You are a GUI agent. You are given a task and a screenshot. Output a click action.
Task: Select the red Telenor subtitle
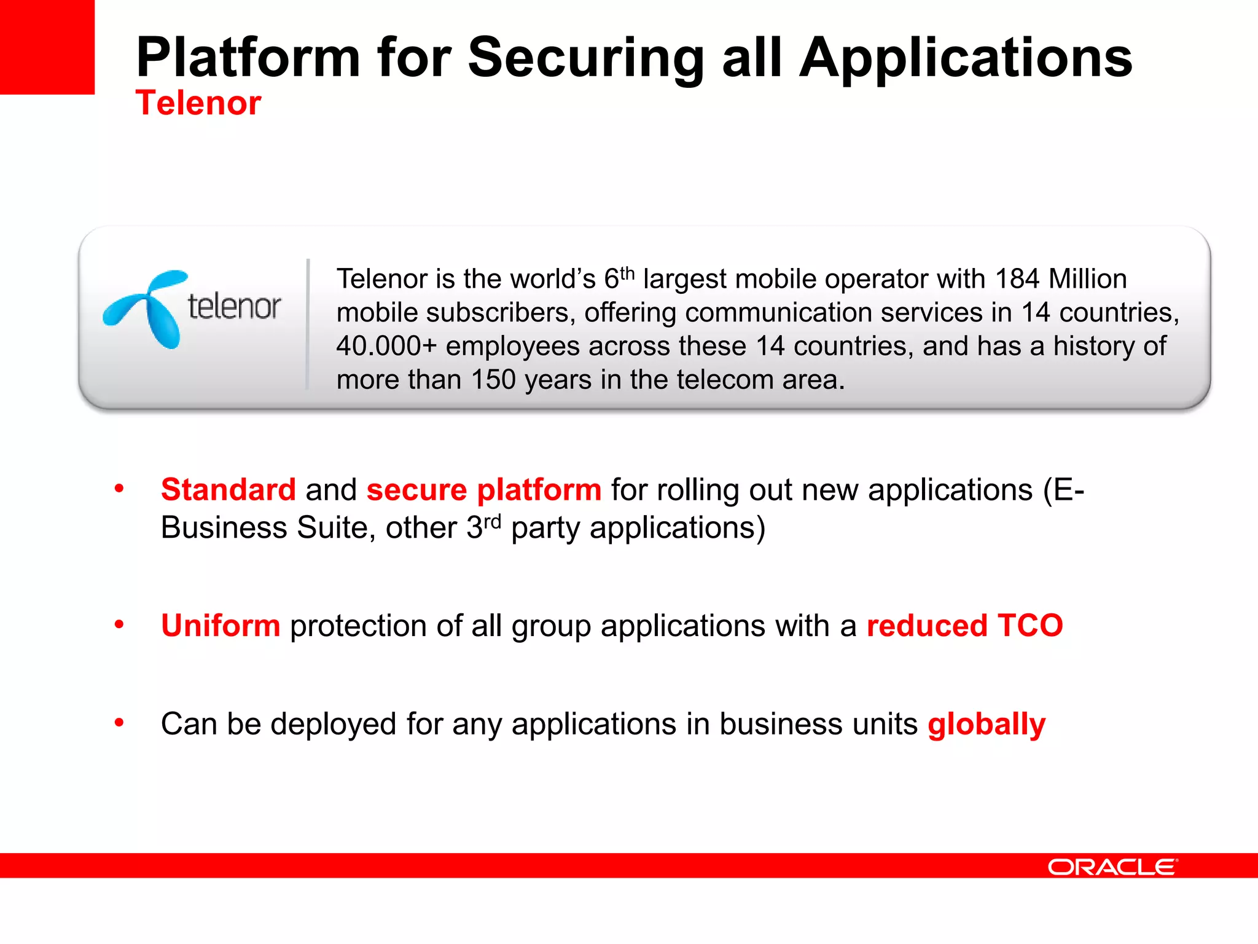(x=198, y=103)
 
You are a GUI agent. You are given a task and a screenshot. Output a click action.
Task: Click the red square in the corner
(x=47, y=47)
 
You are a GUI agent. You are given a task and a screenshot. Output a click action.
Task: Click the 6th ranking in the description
(x=619, y=278)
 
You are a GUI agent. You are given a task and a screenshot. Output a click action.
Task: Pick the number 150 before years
(x=493, y=380)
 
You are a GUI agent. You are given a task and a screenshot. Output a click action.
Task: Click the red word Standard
(x=229, y=490)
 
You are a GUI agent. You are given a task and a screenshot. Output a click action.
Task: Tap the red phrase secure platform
(x=483, y=490)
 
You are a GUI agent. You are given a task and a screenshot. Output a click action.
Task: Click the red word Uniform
(x=221, y=626)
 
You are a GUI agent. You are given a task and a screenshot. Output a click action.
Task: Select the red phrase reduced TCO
(x=964, y=626)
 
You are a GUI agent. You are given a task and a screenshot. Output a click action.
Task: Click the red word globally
(x=986, y=724)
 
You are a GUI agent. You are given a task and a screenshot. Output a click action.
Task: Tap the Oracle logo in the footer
(x=1112, y=867)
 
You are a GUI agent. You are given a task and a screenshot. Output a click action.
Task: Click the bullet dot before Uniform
(x=119, y=625)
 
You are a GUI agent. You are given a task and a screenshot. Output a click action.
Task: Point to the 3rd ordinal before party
(x=483, y=527)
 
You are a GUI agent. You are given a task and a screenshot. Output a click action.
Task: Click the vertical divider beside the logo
(x=308, y=324)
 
